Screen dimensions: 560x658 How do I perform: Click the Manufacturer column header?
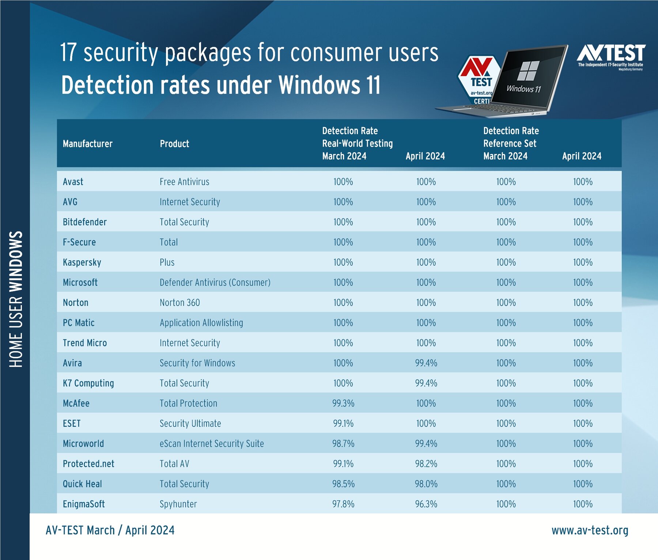(87, 144)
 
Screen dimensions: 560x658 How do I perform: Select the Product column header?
(174, 144)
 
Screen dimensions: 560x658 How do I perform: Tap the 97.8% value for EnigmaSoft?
(343, 504)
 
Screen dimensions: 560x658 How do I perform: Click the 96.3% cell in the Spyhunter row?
(426, 504)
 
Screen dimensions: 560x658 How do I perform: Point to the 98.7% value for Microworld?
(343, 444)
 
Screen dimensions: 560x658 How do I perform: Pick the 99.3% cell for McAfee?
(343, 404)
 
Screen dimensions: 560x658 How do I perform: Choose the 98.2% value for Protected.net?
(426, 464)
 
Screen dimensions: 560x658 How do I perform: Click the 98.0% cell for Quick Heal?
(426, 484)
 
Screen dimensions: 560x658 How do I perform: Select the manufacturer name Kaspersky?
(82, 262)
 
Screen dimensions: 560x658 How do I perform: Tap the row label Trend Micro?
(85, 343)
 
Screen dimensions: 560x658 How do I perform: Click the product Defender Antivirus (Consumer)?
(215, 283)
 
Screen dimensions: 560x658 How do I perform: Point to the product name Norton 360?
(180, 303)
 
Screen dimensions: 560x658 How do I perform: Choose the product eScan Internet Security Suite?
(212, 444)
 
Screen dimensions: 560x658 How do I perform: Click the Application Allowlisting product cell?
(201, 323)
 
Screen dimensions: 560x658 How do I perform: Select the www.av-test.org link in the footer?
(590, 530)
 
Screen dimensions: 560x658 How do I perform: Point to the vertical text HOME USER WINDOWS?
(16, 299)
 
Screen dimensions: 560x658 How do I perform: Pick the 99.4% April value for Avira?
(426, 363)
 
